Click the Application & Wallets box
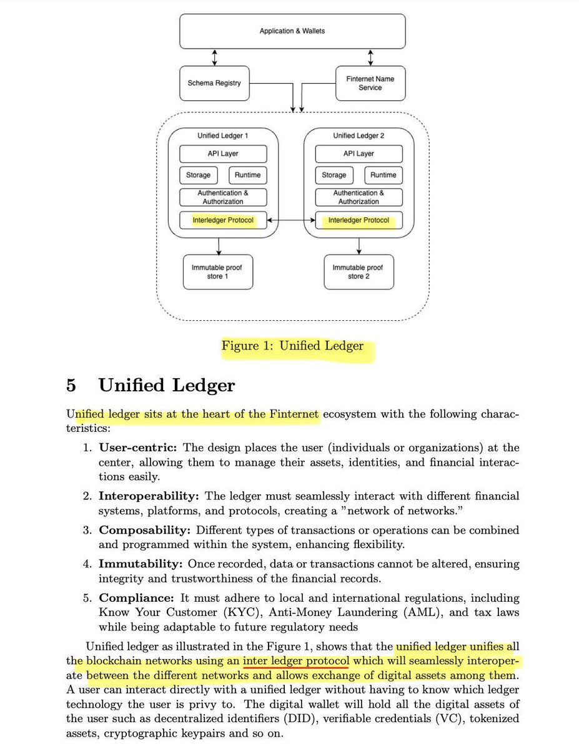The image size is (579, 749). tap(292, 31)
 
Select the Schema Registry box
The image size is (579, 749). tap(214, 82)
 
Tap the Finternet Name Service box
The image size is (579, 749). tap(370, 83)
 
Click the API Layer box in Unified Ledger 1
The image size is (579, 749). tap(223, 154)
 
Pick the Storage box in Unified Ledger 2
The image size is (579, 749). tap(334, 175)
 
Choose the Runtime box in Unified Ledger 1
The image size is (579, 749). tap(248, 175)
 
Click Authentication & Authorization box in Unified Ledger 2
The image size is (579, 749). tap(359, 197)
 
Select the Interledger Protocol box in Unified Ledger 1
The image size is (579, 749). tap(223, 220)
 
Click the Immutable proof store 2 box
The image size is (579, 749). tap(359, 272)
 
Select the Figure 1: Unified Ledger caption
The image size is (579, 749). tap(292, 345)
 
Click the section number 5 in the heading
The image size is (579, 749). tap(72, 385)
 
